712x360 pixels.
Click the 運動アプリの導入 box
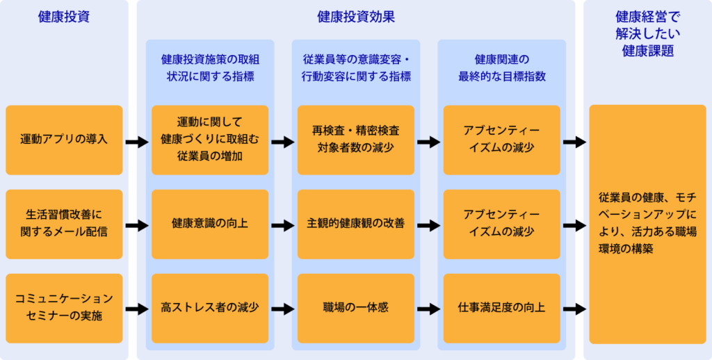coord(64,140)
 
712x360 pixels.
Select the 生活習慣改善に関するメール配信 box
coord(64,224)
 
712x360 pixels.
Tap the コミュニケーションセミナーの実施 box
coord(64,308)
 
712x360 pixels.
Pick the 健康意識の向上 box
coord(210,224)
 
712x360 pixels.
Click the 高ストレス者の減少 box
coord(210,308)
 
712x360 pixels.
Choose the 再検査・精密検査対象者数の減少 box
coord(356,140)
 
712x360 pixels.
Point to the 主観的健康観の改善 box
coord(356,224)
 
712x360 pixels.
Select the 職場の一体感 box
coord(356,308)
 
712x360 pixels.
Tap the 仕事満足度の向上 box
coord(501,308)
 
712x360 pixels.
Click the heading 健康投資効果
coord(356,17)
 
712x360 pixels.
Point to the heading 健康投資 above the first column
coord(64,17)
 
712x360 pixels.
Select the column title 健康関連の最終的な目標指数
coord(501,67)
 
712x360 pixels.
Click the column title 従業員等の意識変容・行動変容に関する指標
coord(356,67)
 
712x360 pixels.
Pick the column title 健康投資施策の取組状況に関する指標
coord(210,67)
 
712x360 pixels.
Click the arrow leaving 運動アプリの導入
coord(137,142)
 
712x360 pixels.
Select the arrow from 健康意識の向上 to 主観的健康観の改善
coord(283,225)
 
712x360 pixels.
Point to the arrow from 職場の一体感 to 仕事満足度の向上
coord(429,309)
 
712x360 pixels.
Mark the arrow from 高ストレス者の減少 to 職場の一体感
coord(283,309)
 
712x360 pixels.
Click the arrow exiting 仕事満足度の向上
coord(574,309)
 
